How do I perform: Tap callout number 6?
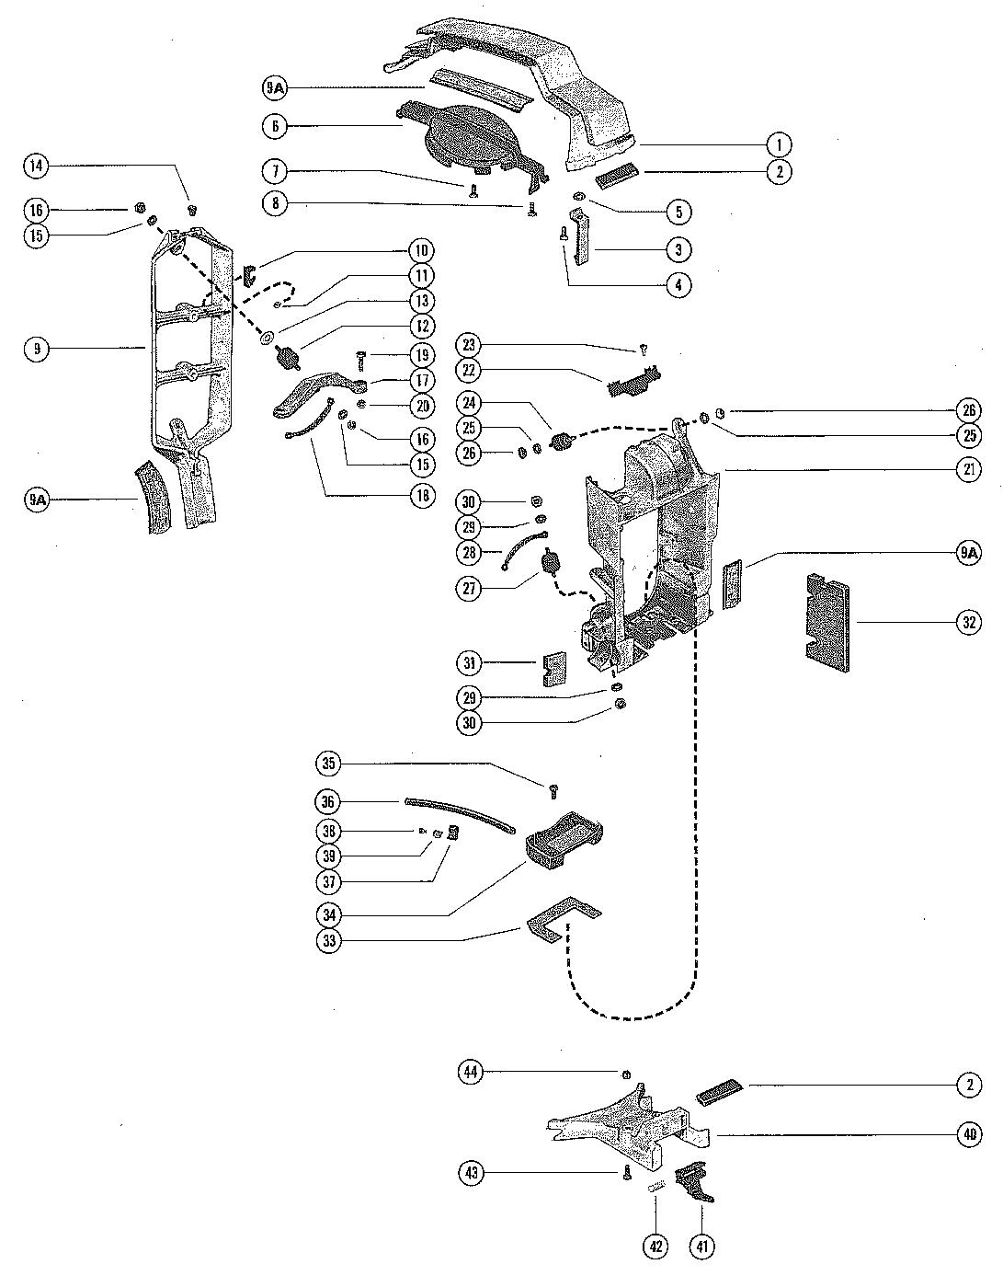275,126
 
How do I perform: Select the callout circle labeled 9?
39,349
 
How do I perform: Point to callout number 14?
37,167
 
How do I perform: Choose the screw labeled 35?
554,789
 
